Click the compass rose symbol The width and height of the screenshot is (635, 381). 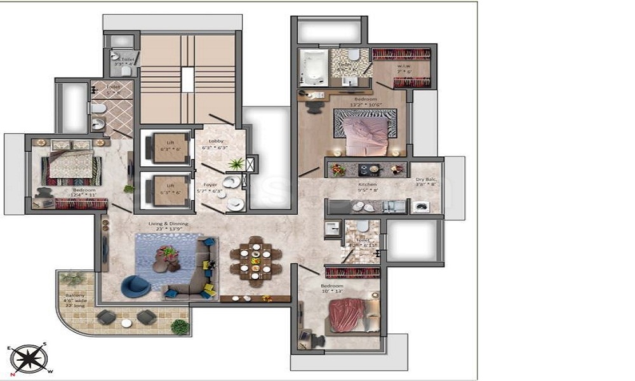click(27, 359)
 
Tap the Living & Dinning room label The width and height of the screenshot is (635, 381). click(169, 227)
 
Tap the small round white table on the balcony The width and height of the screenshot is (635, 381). click(126, 323)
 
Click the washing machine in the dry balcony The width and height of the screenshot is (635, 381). click(420, 206)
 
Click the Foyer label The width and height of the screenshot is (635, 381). click(210, 185)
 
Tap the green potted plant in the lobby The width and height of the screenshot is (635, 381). click(236, 164)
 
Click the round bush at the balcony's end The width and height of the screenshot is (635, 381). click(180, 328)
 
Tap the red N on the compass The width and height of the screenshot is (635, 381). click(13, 374)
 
